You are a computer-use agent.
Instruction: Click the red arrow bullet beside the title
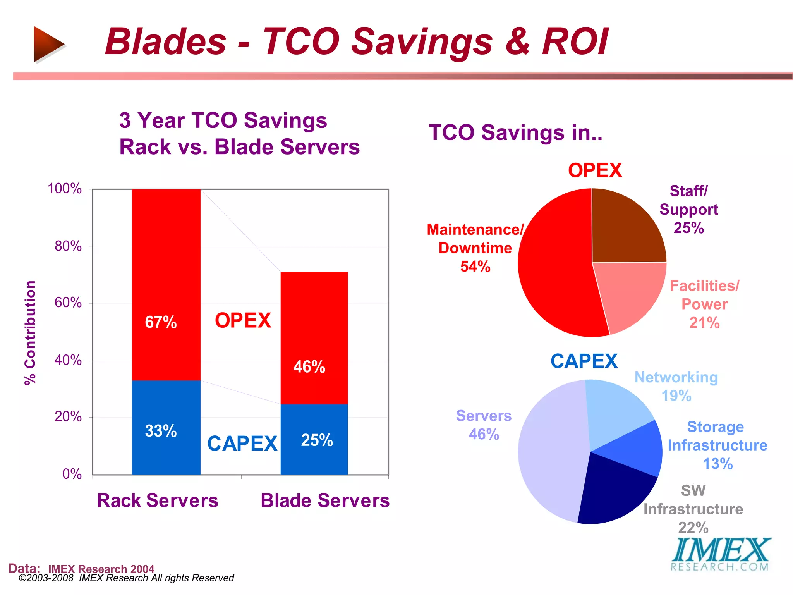pyautogui.click(x=48, y=44)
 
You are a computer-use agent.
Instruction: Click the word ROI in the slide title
pyautogui.click(x=575, y=42)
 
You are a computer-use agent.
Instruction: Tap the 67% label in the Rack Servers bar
pyautogui.click(x=161, y=322)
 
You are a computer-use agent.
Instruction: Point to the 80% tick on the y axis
pyautogui.click(x=68, y=246)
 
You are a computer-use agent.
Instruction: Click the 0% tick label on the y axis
pyautogui.click(x=72, y=474)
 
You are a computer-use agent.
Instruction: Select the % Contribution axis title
pyautogui.click(x=30, y=333)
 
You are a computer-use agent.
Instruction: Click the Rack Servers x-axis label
pyautogui.click(x=157, y=500)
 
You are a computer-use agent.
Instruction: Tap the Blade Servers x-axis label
pyautogui.click(x=325, y=500)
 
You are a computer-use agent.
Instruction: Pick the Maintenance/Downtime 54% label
pyautogui.click(x=475, y=248)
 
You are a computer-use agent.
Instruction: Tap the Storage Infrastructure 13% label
pyautogui.click(x=717, y=445)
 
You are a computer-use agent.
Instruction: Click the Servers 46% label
pyautogui.click(x=484, y=425)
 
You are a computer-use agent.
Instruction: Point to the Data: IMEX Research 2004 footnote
pyautogui.click(x=81, y=569)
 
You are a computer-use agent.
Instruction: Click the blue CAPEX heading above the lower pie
pyautogui.click(x=584, y=361)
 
